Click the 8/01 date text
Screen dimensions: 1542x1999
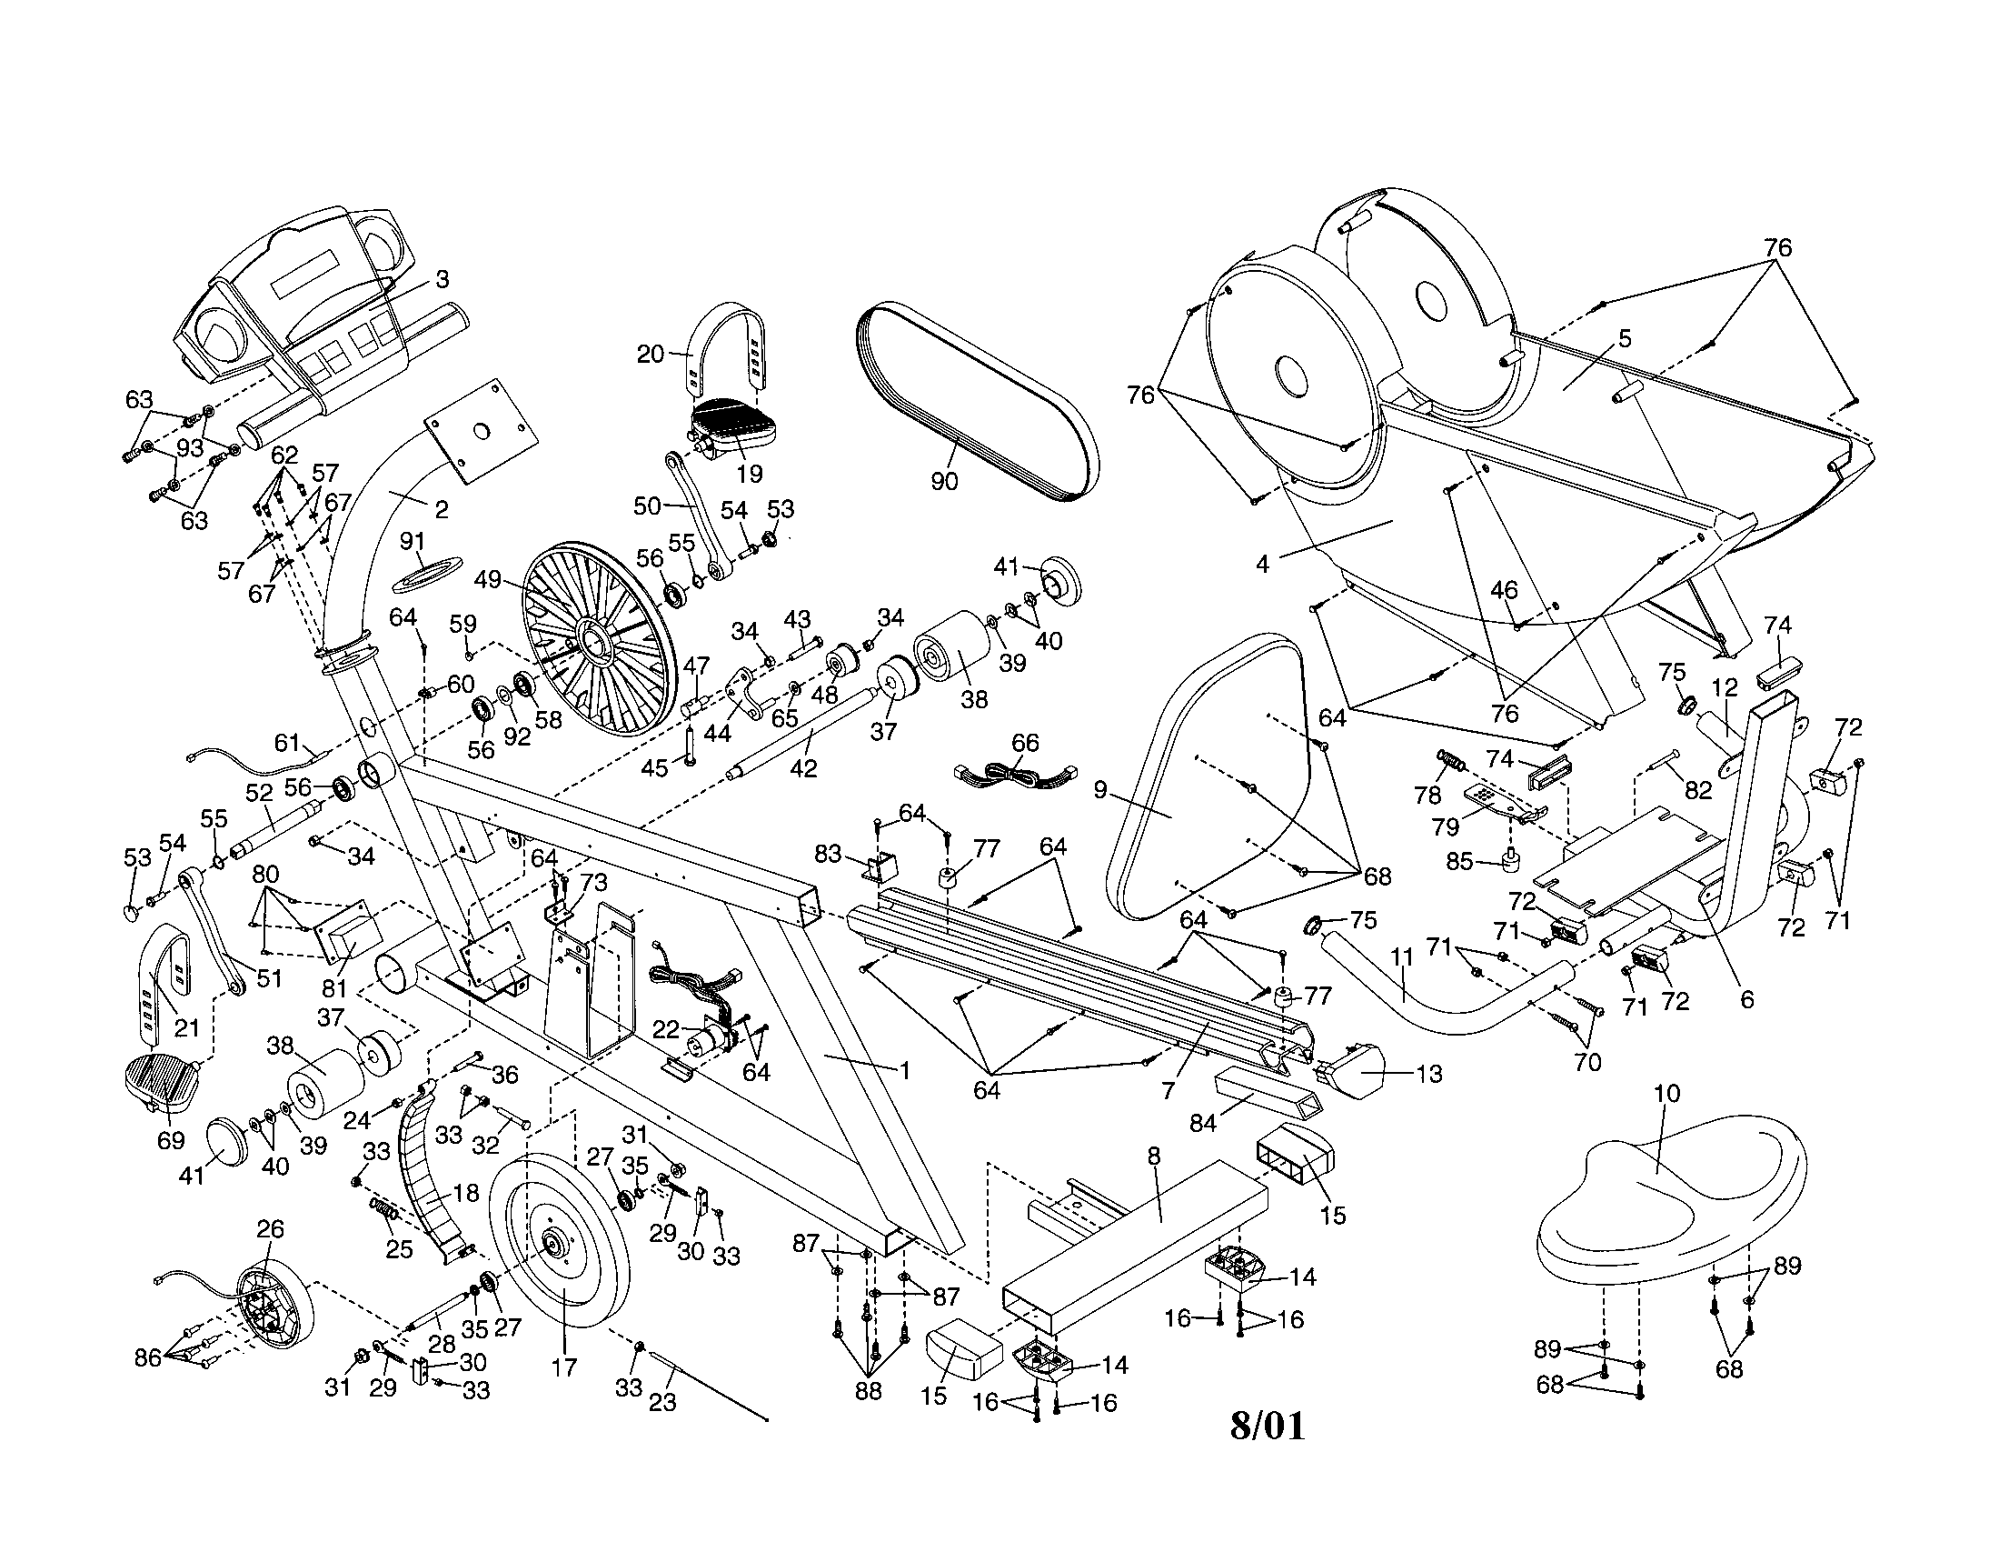click(x=1267, y=1425)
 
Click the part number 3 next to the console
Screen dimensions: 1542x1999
click(x=443, y=279)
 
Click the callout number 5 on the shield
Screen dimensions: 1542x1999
click(x=1624, y=339)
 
